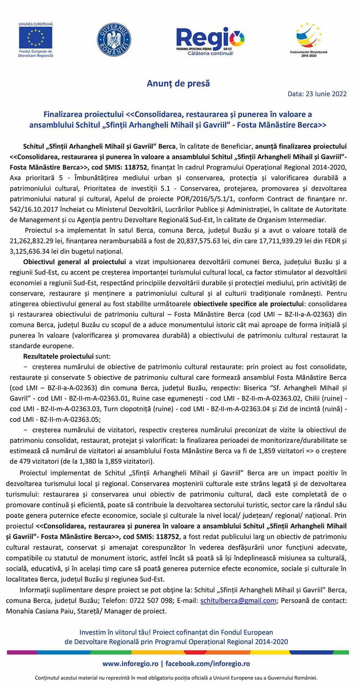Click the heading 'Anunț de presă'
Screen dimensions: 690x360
[x=178, y=84]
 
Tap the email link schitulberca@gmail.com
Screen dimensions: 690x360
[x=238, y=601]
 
